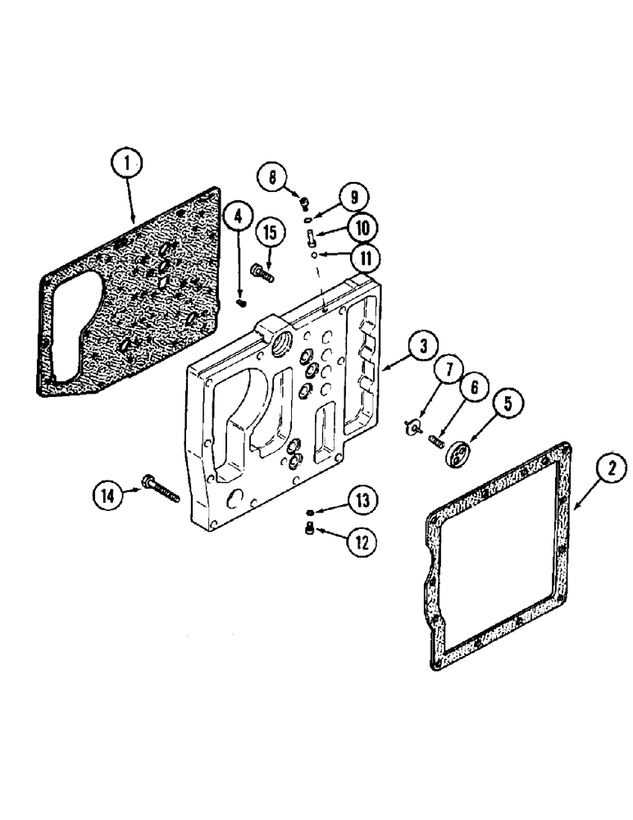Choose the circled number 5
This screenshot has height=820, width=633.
[507, 403]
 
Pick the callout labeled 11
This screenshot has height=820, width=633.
[363, 258]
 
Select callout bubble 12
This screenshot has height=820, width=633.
[362, 542]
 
